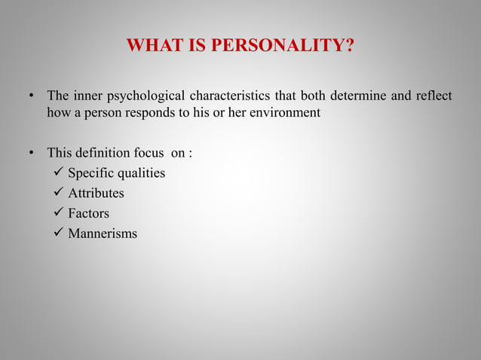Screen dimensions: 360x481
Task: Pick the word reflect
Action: (x=432, y=96)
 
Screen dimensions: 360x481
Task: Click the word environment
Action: (x=284, y=113)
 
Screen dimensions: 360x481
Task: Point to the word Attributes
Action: (x=96, y=194)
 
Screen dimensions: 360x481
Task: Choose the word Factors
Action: (x=88, y=213)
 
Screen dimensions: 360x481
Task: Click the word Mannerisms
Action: (x=103, y=233)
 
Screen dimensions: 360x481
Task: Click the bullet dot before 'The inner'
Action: (x=32, y=97)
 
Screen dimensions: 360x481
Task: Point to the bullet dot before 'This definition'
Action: (x=32, y=154)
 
